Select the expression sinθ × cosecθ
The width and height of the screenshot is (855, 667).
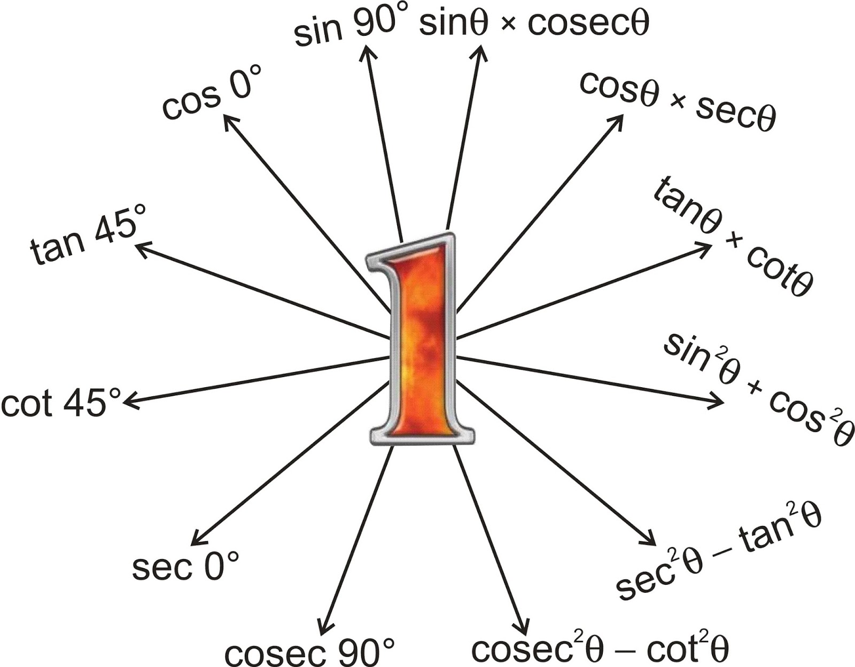click(x=534, y=24)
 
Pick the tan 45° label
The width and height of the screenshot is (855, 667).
click(x=85, y=235)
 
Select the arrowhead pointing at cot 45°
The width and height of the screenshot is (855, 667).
click(x=128, y=402)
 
